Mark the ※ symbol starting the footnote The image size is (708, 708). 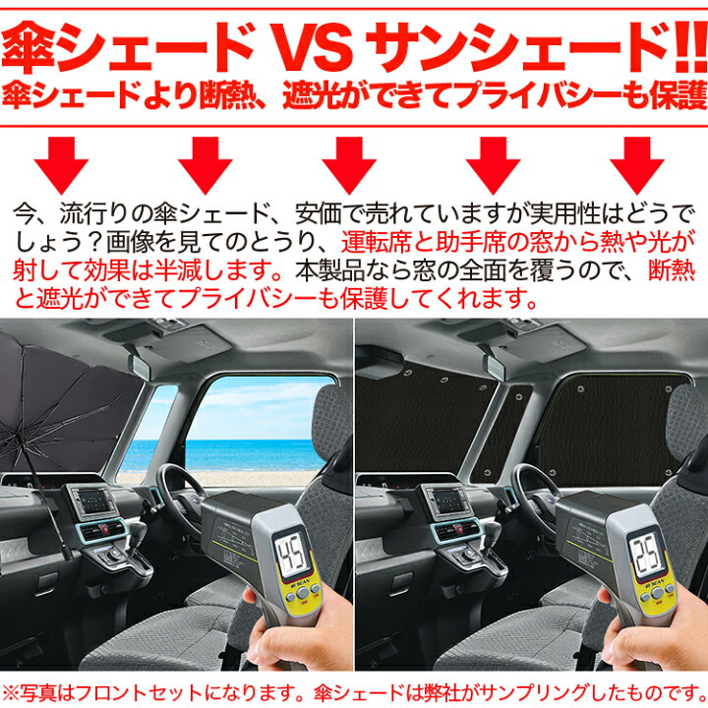coord(12,689)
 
